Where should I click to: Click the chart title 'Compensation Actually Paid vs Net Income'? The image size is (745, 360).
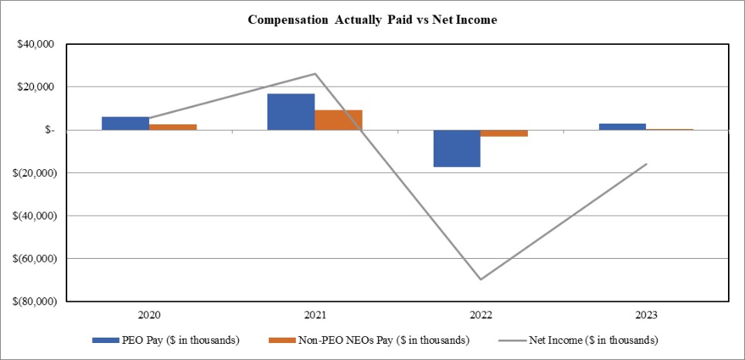pos(372,20)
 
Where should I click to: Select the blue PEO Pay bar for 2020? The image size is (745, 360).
pos(125,124)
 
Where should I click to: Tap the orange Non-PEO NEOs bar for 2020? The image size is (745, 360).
pos(173,127)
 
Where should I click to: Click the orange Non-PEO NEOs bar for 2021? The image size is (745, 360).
pos(338,120)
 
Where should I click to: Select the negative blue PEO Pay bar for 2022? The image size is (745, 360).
pos(457,148)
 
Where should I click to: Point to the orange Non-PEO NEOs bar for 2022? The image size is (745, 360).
pos(505,133)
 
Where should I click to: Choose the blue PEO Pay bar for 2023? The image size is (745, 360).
pos(622,127)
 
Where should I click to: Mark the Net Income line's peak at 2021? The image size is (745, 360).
pos(315,74)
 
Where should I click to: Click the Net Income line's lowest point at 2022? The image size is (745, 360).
pos(481,279)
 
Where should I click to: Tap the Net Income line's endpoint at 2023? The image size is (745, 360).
pos(646,164)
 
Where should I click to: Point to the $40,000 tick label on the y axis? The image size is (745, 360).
pos(34,44)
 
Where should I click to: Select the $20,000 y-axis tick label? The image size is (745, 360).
pos(34,87)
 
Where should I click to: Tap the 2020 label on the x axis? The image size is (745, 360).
pos(149,315)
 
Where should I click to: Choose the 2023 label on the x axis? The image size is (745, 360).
pos(646,315)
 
